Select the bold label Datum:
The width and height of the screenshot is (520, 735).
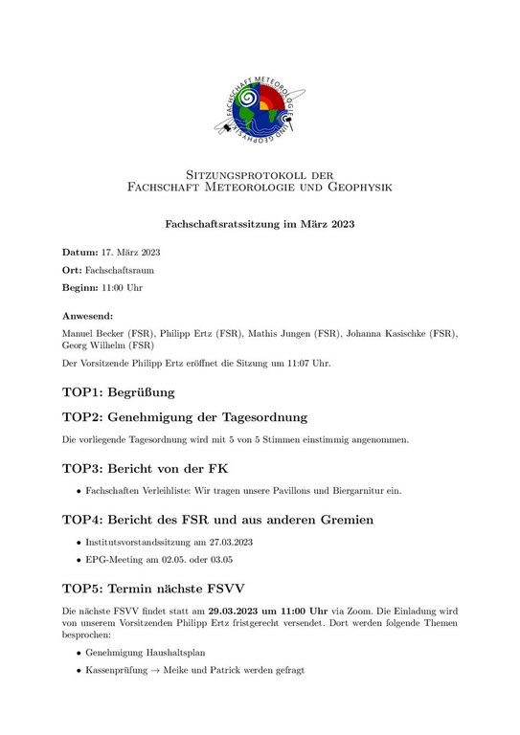(80, 253)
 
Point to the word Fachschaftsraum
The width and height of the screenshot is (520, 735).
(123, 271)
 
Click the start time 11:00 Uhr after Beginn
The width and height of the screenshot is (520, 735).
(130, 288)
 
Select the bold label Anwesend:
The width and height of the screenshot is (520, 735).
(88, 315)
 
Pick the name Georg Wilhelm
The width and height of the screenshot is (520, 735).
(94, 345)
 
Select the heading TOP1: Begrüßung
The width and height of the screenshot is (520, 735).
(118, 391)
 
